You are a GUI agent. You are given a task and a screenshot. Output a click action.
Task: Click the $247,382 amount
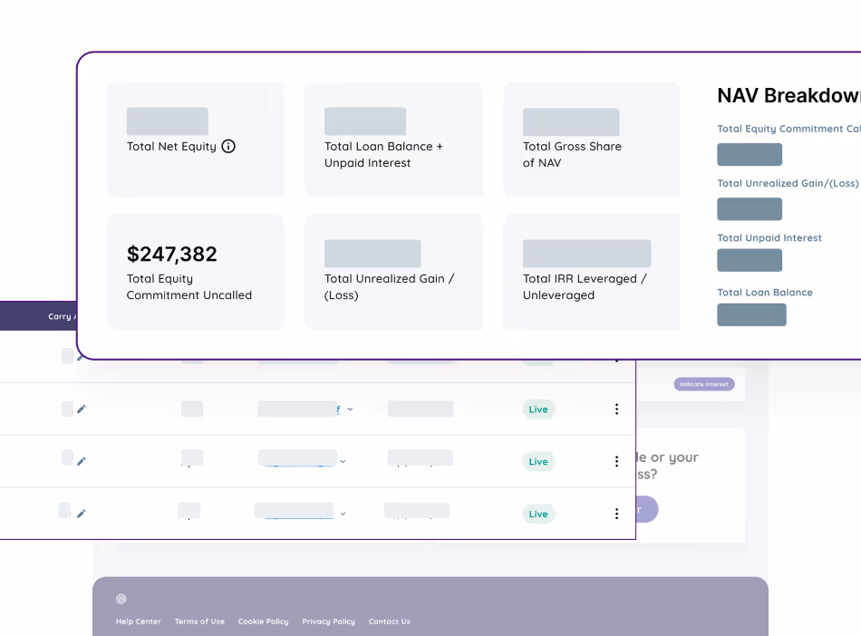172,254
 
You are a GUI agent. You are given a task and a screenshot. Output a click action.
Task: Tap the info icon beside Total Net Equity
228,146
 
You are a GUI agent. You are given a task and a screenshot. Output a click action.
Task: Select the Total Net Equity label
171,146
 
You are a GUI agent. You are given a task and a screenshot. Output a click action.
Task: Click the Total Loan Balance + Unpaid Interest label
383,154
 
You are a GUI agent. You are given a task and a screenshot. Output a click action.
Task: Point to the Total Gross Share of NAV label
572,154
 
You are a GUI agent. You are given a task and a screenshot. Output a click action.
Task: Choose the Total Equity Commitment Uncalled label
189,287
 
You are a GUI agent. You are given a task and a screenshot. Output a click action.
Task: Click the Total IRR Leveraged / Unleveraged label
584,287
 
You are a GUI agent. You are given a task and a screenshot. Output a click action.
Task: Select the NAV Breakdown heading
788,96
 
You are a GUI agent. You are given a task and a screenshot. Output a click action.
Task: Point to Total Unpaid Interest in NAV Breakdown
769,238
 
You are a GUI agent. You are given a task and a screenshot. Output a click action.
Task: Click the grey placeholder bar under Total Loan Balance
751,314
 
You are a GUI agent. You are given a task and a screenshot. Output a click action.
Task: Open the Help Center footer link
139,622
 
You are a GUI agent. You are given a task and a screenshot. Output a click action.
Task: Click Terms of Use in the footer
199,622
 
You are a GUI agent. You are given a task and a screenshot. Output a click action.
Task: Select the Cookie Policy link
263,622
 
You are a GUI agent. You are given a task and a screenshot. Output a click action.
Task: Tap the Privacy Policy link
328,622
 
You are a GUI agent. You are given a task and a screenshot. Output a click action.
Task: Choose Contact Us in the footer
389,622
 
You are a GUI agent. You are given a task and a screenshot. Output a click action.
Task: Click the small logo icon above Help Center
121,599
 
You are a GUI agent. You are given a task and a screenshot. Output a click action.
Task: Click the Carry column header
61,317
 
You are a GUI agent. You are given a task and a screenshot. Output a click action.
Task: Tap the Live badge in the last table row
538,514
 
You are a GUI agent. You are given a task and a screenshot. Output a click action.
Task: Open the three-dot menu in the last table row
616,514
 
